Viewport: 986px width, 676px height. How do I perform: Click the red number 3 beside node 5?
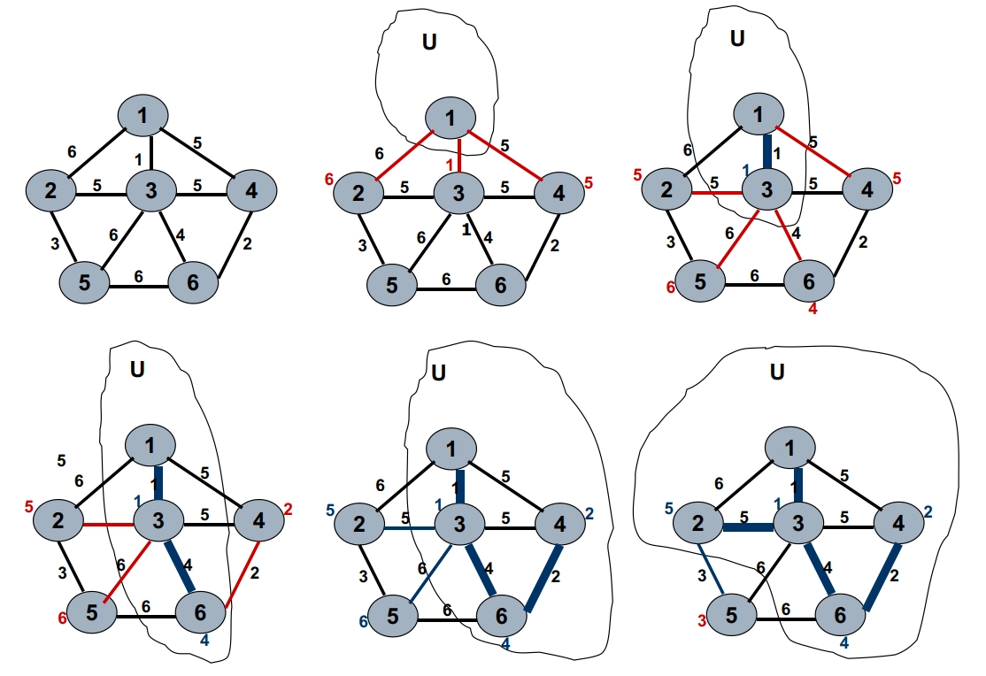[700, 620]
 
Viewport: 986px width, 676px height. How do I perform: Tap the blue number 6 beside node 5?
[363, 621]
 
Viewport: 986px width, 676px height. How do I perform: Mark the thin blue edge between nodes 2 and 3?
[407, 528]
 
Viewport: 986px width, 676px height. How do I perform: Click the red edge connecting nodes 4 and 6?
[242, 566]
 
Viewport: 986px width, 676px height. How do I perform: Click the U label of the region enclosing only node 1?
[429, 42]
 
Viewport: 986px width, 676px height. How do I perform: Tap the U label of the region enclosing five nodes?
[776, 372]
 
